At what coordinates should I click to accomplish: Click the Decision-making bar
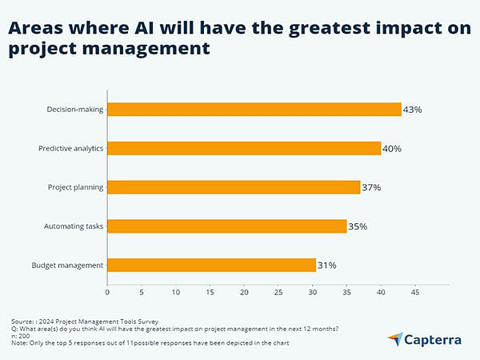click(254, 110)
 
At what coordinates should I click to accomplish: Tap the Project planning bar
click(234, 187)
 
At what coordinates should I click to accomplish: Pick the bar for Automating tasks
click(226, 226)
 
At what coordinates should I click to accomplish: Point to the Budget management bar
click(212, 265)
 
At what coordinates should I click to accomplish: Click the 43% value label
click(414, 110)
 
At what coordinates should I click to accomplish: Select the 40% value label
click(392, 148)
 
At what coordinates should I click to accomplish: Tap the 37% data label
click(371, 187)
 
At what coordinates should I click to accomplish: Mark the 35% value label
click(358, 226)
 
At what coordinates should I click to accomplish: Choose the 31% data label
click(327, 265)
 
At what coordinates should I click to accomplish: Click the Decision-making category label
click(76, 110)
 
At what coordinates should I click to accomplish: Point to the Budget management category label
click(66, 265)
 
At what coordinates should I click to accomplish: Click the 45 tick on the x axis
click(415, 293)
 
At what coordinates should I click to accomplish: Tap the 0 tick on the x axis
click(107, 293)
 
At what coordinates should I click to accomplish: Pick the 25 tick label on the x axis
click(278, 293)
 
